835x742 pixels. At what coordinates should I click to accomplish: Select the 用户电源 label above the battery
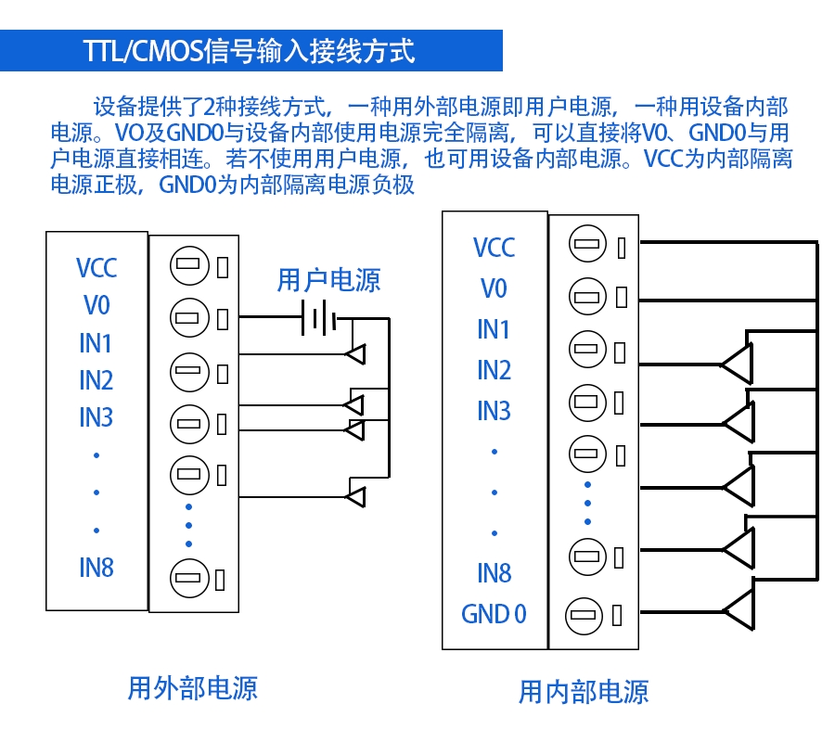pyautogui.click(x=328, y=280)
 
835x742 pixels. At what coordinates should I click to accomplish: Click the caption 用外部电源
pyautogui.click(x=192, y=688)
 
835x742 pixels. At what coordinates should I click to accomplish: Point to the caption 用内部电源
pyautogui.click(x=583, y=691)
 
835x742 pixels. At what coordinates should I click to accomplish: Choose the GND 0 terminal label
pyautogui.click(x=494, y=614)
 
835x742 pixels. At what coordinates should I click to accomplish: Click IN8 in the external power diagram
pyautogui.click(x=96, y=568)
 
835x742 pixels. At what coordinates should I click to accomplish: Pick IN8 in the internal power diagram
pyautogui.click(x=494, y=573)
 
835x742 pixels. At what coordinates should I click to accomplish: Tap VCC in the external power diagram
pyautogui.click(x=96, y=269)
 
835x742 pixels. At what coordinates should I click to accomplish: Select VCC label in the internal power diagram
pyautogui.click(x=494, y=249)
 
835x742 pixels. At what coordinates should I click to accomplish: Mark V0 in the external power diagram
pyautogui.click(x=96, y=305)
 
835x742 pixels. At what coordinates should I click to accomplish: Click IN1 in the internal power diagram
pyautogui.click(x=494, y=329)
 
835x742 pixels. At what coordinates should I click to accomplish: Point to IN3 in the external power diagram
pyautogui.click(x=96, y=417)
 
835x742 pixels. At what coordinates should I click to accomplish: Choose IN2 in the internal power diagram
pyautogui.click(x=494, y=370)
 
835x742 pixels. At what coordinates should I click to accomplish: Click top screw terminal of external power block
pyautogui.click(x=189, y=267)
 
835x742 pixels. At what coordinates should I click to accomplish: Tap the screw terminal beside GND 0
pyautogui.click(x=584, y=614)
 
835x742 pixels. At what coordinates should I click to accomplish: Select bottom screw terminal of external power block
pyautogui.click(x=189, y=579)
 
